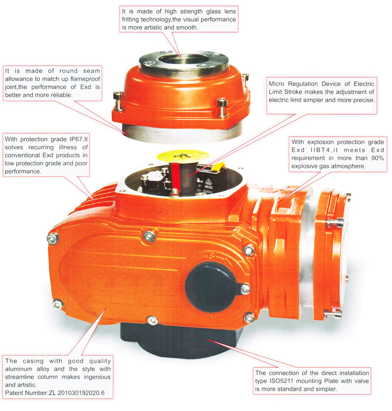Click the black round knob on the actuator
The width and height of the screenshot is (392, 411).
(211, 286)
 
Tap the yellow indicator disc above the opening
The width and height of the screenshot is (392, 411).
(183, 156)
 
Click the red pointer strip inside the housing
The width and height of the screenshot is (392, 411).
(175, 176)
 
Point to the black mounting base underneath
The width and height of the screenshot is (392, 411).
(178, 341)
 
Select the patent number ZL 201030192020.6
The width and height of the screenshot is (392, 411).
(77, 393)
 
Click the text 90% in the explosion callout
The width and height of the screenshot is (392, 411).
(377, 158)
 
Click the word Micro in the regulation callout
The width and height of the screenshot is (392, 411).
(276, 84)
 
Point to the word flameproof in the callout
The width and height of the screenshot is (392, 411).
(85, 79)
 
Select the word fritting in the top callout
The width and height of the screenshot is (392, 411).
(130, 20)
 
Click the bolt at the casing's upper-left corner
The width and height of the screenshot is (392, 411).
(53, 238)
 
